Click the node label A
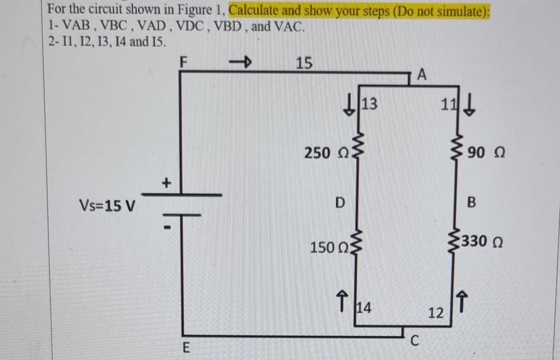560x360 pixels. click(422, 75)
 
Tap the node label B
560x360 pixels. click(471, 203)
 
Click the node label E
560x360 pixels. click(186, 348)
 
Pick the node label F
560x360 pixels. click(186, 63)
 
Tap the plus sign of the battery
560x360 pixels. click(166, 182)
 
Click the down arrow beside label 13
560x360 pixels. click(350, 104)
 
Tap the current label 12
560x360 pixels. click(435, 313)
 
